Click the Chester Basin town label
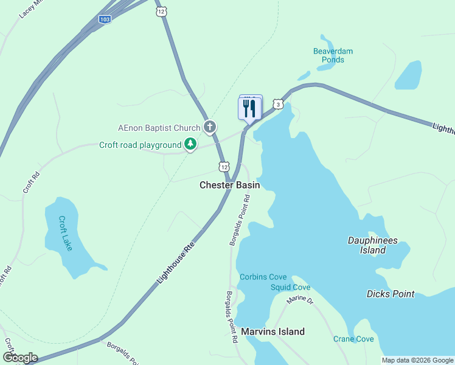point(229,185)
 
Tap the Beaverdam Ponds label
point(333,55)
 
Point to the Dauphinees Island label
point(372,245)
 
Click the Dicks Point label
point(391,294)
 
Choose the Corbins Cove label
point(262,277)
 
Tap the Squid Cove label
point(290,287)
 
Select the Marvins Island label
point(273,332)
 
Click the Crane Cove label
point(353,339)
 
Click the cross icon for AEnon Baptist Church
point(210,127)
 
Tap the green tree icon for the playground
point(191,144)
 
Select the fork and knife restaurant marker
point(249,109)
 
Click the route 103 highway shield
point(105,19)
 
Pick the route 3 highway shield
point(278,104)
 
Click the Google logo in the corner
point(20,358)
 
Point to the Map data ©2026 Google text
point(417,360)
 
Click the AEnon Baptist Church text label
point(159,128)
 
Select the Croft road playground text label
point(141,145)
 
